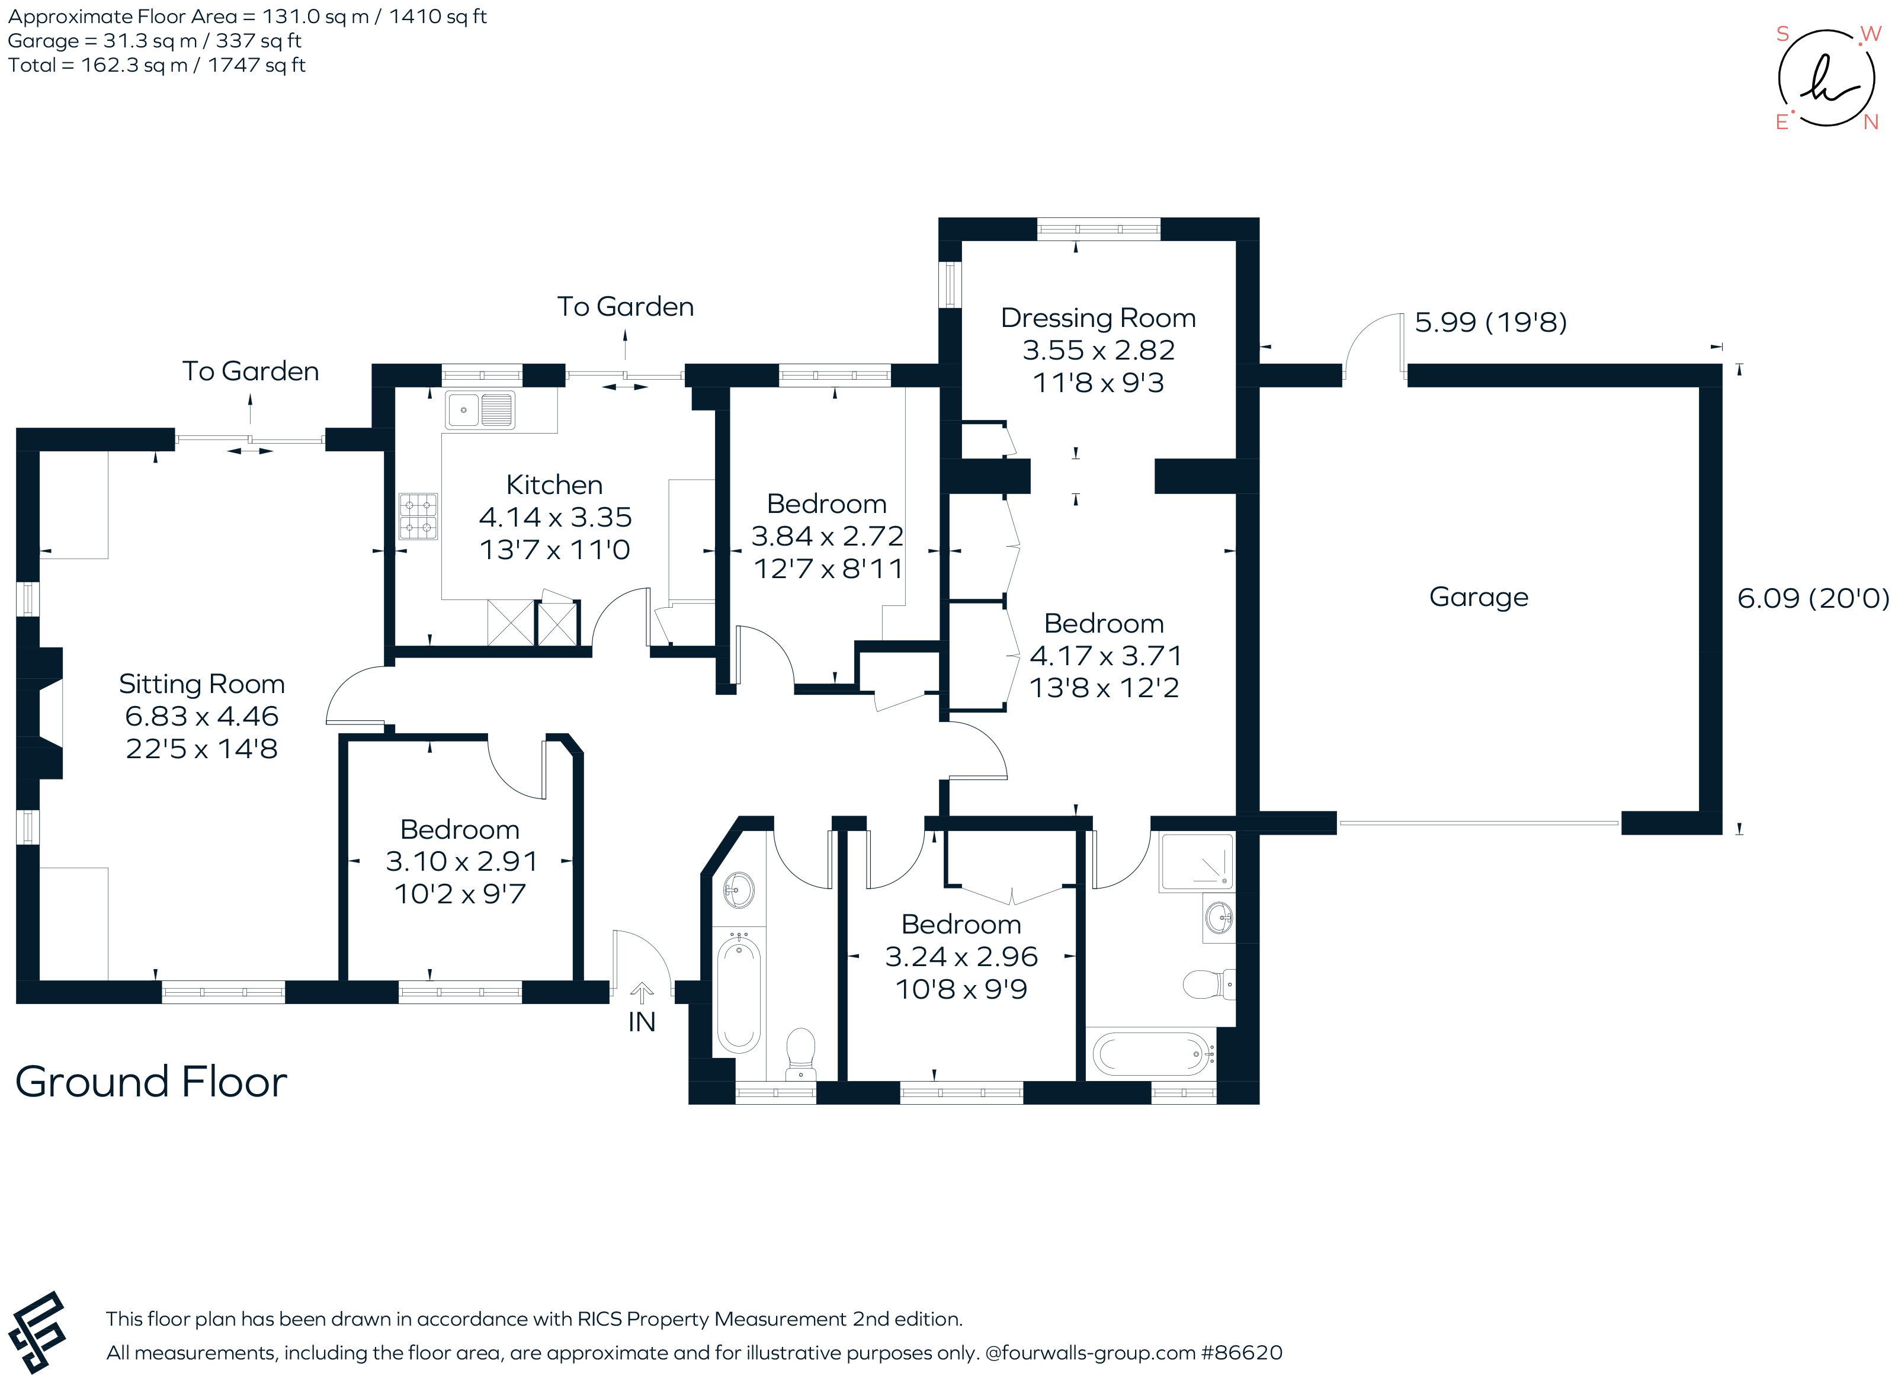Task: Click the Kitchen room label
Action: (554, 485)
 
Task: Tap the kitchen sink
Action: (479, 410)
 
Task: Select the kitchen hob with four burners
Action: (418, 515)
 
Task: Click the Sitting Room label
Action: (201, 684)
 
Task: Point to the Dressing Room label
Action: (1098, 318)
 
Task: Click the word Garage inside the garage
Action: (1479, 596)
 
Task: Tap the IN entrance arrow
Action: (642, 993)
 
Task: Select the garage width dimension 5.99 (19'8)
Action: (1490, 322)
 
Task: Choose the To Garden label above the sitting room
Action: (250, 371)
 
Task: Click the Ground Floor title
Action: (150, 1082)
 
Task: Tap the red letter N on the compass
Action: (1871, 122)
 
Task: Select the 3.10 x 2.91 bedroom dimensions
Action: (460, 861)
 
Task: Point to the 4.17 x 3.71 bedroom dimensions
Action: (1105, 655)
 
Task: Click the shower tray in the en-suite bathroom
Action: (1197, 861)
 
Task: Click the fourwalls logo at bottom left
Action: (37, 1332)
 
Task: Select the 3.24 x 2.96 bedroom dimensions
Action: (961, 957)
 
